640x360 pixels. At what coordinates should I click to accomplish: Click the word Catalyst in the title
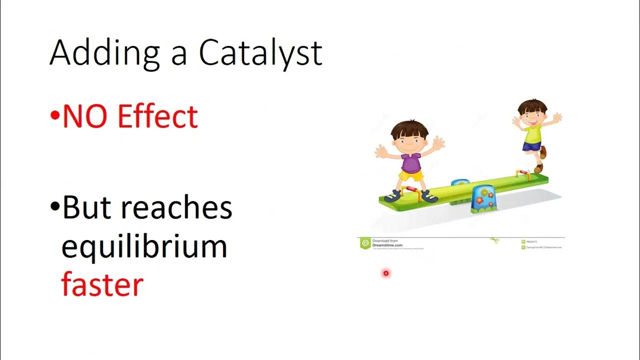260,53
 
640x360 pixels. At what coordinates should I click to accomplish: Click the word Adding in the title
104,53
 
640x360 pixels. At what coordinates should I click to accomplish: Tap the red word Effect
157,116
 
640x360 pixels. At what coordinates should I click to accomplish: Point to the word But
90,207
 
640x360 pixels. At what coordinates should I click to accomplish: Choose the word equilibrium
144,246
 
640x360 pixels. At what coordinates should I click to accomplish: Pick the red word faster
102,284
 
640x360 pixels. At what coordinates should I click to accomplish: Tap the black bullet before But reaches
54,207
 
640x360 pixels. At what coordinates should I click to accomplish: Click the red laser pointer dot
385,273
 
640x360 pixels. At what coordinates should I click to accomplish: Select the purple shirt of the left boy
410,163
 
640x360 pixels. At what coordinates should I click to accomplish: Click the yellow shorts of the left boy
411,176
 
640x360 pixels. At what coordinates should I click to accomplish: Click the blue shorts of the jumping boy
531,145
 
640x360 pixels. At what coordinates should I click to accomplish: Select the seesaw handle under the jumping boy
522,172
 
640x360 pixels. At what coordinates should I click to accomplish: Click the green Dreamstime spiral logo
365,243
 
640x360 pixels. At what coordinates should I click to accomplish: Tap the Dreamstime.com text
388,245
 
